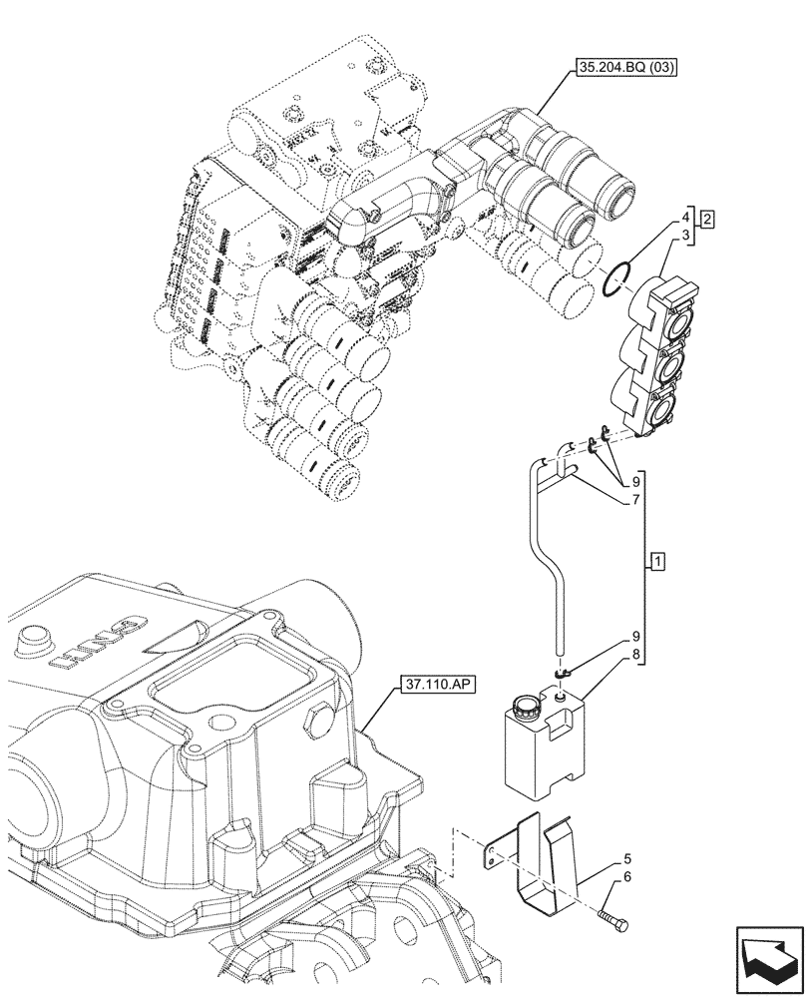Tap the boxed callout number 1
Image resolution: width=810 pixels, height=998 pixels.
(x=655, y=562)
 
